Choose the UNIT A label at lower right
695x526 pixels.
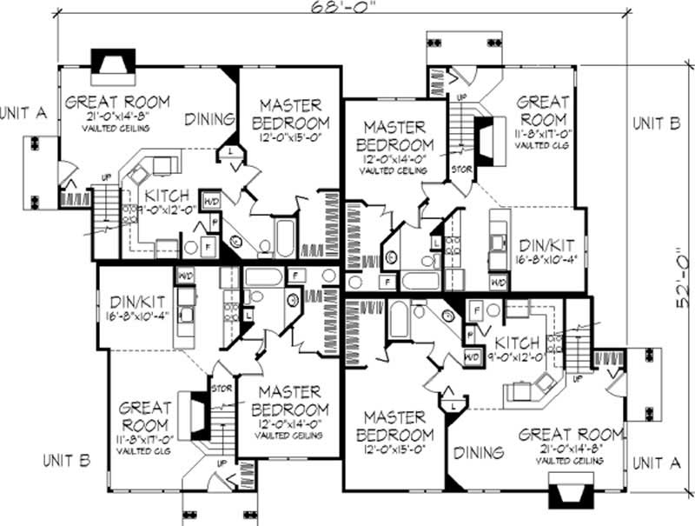point(656,464)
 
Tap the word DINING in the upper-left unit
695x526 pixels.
point(211,119)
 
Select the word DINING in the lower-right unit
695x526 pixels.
point(479,453)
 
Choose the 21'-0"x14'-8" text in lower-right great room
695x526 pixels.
point(571,449)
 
